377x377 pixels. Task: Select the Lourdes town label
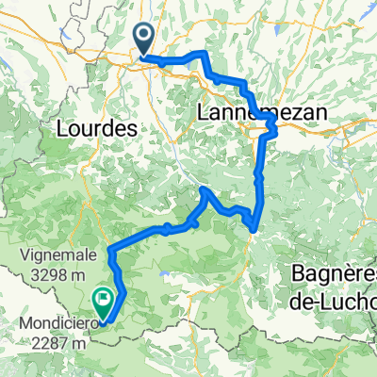(x=98, y=125)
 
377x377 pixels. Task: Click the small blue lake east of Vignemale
(x=166, y=275)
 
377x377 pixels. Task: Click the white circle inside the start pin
(x=144, y=37)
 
